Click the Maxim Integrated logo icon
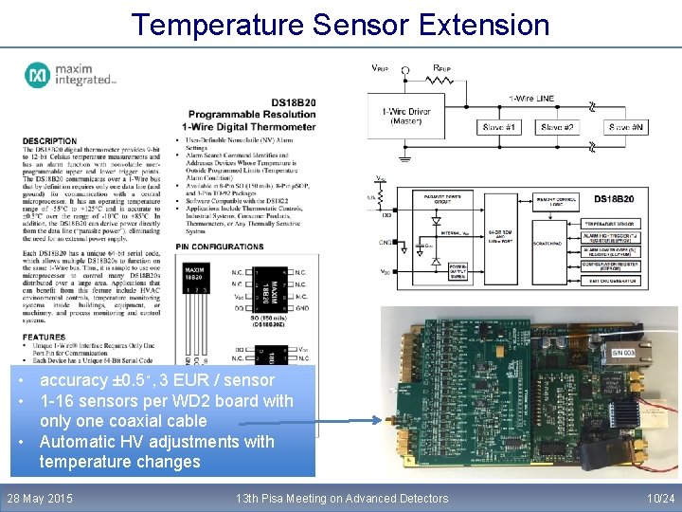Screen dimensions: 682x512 [38, 74]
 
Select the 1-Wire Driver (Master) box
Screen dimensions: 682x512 [406, 116]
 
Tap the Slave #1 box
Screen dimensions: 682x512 [500, 126]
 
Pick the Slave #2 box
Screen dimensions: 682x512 [556, 126]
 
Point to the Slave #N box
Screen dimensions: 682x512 [626, 126]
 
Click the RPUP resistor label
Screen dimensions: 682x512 [441, 68]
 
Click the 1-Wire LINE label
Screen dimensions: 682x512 [531, 98]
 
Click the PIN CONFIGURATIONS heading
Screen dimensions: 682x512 [219, 247]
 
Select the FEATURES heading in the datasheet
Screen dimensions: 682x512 [44, 337]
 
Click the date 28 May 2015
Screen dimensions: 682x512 [40, 498]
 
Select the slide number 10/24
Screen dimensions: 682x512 [659, 498]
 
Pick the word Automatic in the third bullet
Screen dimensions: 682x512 [80, 441]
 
